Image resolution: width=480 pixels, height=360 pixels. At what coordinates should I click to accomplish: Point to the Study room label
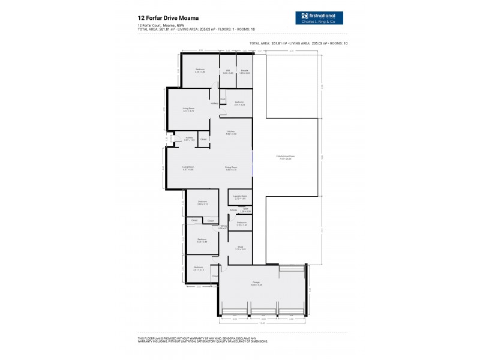pos(240,247)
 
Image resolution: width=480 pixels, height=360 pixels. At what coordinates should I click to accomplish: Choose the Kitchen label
pos(230,133)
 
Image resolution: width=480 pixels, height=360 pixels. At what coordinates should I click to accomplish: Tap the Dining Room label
pos(232,169)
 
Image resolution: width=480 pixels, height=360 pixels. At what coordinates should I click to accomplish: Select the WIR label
pos(228,71)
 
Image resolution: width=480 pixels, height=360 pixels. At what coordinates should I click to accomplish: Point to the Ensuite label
pos(244,71)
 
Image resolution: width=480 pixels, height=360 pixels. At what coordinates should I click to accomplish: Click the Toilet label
pos(245,210)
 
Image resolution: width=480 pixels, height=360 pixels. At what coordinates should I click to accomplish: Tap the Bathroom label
pos(241,224)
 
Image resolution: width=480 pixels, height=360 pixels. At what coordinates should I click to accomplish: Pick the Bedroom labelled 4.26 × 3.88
pos(200,70)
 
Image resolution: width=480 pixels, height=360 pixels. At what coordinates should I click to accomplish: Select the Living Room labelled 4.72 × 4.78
pos(188,110)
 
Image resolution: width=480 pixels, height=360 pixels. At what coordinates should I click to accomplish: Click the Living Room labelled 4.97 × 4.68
pos(188,169)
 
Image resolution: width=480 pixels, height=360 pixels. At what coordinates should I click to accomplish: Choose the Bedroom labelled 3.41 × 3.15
pos(199,268)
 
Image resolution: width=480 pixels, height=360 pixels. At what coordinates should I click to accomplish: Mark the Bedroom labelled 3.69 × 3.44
pos(202,240)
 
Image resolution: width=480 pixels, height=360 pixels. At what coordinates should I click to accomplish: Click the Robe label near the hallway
pos(223,99)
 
